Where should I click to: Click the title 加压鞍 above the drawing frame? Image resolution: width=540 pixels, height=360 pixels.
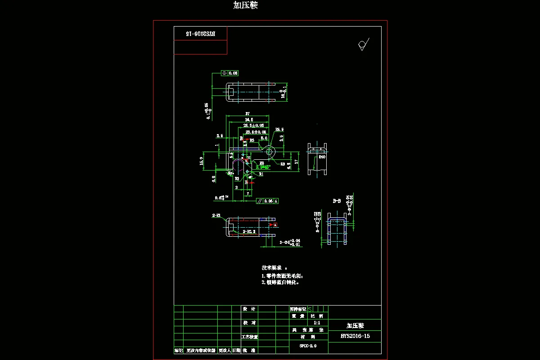pyautogui.click(x=245, y=5)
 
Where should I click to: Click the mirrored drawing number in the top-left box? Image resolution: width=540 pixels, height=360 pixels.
pyautogui.click(x=201, y=34)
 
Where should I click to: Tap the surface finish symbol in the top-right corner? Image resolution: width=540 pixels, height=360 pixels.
pyautogui.click(x=363, y=45)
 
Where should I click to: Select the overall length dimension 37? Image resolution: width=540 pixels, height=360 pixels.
pyautogui.click(x=247, y=114)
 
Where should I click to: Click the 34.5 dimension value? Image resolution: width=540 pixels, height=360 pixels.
pyautogui.click(x=249, y=120)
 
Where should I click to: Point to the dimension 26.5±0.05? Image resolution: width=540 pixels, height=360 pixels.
pyautogui.click(x=253, y=126)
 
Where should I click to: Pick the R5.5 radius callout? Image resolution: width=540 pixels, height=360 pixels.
pyautogui.click(x=279, y=130)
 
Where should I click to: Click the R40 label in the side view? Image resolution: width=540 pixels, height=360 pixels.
pyautogui.click(x=322, y=157)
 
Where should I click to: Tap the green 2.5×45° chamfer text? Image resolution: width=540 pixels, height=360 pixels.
pyautogui.click(x=263, y=167)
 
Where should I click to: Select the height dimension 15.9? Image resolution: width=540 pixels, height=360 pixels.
pyautogui.click(x=202, y=161)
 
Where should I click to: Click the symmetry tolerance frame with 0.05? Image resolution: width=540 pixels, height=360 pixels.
pyautogui.click(x=229, y=73)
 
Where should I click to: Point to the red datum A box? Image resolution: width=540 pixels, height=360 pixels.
pyautogui.click(x=275, y=225)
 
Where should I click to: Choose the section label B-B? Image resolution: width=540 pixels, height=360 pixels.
pyautogui.click(x=336, y=201)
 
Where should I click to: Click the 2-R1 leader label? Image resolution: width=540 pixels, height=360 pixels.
pyautogui.click(x=216, y=216)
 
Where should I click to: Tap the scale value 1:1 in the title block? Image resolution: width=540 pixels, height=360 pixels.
pyautogui.click(x=317, y=323)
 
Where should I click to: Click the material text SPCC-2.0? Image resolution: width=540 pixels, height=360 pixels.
pyautogui.click(x=308, y=346)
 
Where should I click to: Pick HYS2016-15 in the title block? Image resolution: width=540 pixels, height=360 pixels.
pyautogui.click(x=355, y=336)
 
